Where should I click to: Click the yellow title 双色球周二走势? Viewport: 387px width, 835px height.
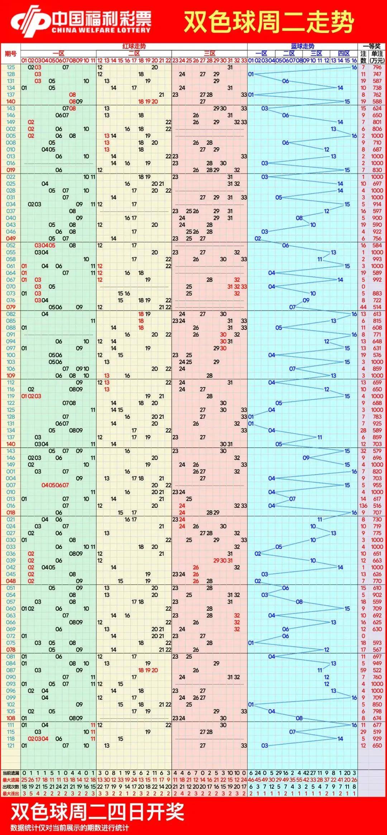pyautogui.click(x=269, y=22)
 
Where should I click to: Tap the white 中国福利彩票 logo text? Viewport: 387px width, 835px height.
pyautogui.click(x=102, y=19)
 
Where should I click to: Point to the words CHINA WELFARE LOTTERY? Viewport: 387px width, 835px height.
pyautogui.click(x=101, y=30)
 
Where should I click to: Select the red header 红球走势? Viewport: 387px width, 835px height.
pyautogui.click(x=134, y=46)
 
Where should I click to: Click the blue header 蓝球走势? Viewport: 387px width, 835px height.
pyautogui.click(x=302, y=46)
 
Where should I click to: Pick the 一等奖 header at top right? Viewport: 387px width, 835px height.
pyautogui.click(x=372, y=46)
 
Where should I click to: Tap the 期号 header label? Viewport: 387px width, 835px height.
pyautogui.click(x=10, y=54)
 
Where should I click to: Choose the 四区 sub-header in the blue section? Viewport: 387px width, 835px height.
pyautogui.click(x=344, y=53)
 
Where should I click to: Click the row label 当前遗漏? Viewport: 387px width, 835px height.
pyautogui.click(x=11, y=773)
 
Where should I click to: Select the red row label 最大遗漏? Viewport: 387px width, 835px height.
pyautogui.click(x=11, y=780)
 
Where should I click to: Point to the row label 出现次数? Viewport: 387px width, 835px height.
pyautogui.click(x=11, y=787)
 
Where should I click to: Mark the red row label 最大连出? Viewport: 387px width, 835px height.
pyautogui.click(x=11, y=793)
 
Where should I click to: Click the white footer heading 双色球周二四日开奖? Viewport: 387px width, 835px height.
pyautogui.click(x=97, y=812)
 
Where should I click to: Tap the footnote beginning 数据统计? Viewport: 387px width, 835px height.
pyautogui.click(x=70, y=827)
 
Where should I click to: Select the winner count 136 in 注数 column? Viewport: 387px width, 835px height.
pyautogui.click(x=363, y=506)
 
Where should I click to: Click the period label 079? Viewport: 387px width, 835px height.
pyautogui.click(x=11, y=307)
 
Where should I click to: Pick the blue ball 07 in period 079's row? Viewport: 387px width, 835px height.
pyautogui.click(x=292, y=307)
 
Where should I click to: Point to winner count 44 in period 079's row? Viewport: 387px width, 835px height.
pyautogui.click(x=363, y=307)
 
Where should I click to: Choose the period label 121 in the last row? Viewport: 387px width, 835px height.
pyautogui.click(x=11, y=745)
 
